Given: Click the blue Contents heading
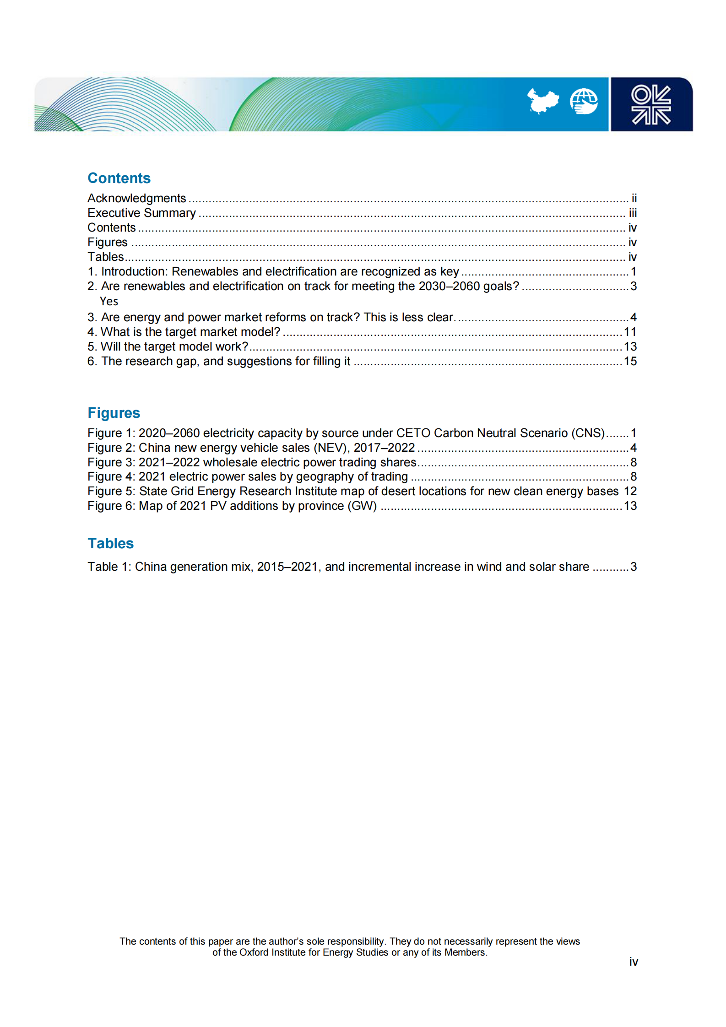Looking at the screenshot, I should tap(119, 178).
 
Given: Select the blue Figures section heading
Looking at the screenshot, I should tap(114, 413).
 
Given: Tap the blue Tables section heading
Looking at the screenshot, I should tap(110, 543).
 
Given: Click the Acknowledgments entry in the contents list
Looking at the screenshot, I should tap(136, 198).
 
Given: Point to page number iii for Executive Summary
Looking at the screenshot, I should tap(632, 213).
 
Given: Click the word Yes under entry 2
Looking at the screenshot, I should tap(109, 301).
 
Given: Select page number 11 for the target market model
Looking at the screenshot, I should tap(630, 332).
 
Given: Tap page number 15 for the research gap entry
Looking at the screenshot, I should tap(630, 361).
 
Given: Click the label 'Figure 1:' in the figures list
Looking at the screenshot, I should tap(111, 433).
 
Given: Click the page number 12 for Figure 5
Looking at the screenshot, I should tap(630, 491).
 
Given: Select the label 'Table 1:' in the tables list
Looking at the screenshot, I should tap(109, 567).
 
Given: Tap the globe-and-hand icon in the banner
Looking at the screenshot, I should tap(583, 101).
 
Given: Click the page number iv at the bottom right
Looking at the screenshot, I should tap(633, 962).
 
